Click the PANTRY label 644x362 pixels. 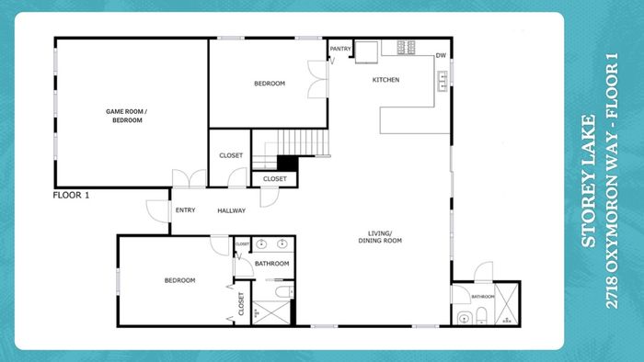(x=340, y=49)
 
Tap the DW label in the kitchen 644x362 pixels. (x=441, y=55)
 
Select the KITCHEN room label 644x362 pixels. (x=385, y=80)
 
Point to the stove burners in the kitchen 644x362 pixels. (x=406, y=47)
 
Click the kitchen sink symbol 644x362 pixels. (x=443, y=81)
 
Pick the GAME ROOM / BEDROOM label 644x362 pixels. (x=127, y=116)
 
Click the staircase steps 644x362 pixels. (x=303, y=142)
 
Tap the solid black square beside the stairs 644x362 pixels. (x=287, y=164)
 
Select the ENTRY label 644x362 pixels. (x=185, y=209)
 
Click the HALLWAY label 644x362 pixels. (x=231, y=210)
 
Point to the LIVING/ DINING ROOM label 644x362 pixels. (x=380, y=237)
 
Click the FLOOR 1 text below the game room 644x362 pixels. (x=71, y=195)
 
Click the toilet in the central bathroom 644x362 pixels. (x=284, y=292)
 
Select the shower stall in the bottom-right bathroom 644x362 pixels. (x=506, y=304)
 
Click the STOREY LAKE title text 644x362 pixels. (x=589, y=181)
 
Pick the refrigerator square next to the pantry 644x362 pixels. (x=366, y=52)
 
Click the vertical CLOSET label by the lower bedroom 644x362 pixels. (x=241, y=304)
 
